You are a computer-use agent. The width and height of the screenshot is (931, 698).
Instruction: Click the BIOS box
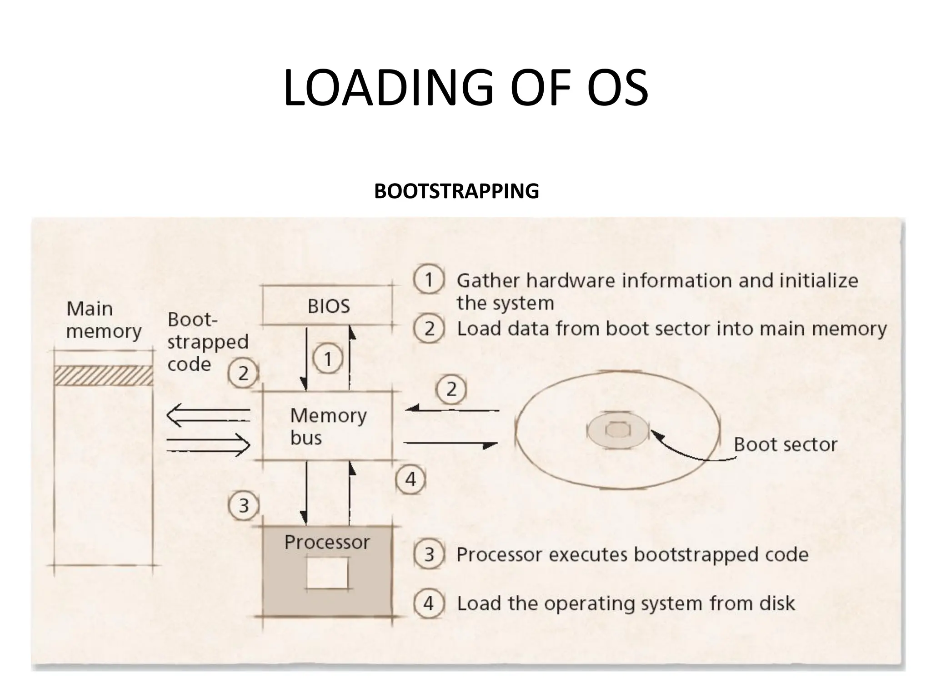coord(328,305)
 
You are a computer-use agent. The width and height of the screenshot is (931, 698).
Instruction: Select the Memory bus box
coord(328,426)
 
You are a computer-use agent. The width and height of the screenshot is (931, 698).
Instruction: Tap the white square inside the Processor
coord(327,573)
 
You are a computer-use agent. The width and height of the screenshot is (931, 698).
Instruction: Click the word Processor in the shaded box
coord(327,542)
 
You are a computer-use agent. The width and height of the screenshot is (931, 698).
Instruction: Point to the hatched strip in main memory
coord(104,376)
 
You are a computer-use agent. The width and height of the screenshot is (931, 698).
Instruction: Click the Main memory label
coord(103,320)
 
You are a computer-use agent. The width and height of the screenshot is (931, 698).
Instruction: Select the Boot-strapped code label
coord(207,342)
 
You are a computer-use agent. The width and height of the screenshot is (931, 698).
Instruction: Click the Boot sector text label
coord(785,444)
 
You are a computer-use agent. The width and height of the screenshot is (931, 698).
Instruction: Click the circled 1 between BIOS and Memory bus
coord(327,359)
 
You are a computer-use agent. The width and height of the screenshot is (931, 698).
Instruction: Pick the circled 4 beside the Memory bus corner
coord(410,479)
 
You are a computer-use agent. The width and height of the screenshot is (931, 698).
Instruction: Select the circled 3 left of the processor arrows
coord(244,505)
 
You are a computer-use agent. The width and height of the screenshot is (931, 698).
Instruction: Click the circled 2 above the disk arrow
coord(451,389)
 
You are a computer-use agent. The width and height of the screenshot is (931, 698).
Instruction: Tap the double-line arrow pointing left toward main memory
coord(208,415)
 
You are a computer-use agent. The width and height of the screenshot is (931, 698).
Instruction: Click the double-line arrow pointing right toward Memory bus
coord(208,444)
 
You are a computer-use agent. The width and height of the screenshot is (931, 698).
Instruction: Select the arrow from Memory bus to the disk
coord(450,444)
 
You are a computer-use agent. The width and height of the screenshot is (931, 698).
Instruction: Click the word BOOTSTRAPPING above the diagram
coord(456,191)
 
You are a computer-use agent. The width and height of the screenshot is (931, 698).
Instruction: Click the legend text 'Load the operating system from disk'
coord(626,603)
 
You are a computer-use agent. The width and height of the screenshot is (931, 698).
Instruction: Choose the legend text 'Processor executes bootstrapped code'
coord(632,554)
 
